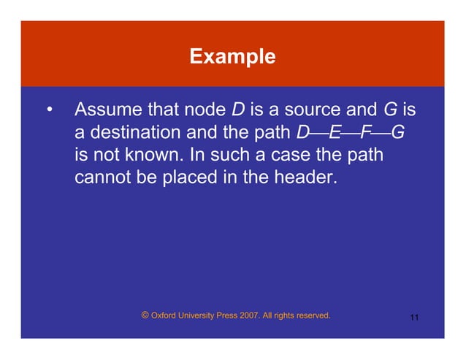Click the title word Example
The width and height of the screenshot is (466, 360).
pyautogui.click(x=232, y=56)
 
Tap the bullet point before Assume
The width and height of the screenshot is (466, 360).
pyautogui.click(x=50, y=112)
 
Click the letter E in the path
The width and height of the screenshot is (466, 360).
pyautogui.click(x=335, y=133)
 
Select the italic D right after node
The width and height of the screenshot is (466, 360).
pyautogui.click(x=237, y=111)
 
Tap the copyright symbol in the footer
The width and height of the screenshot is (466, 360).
pyautogui.click(x=145, y=315)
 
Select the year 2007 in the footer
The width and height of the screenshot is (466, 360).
pyautogui.click(x=246, y=316)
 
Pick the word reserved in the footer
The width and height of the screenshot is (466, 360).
pyautogui.click(x=310, y=316)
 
